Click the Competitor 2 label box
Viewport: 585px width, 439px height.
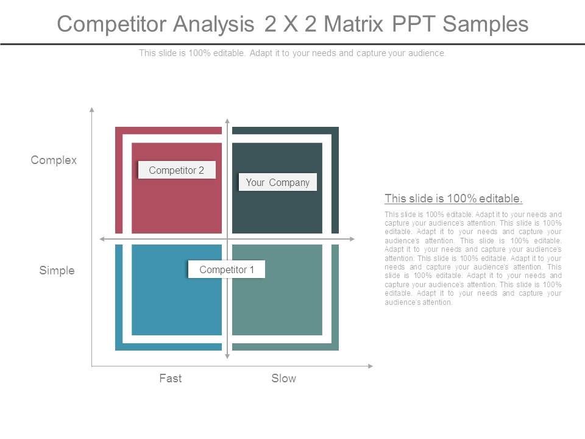pyautogui.click(x=177, y=170)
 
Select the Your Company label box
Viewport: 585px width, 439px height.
pyautogui.click(x=278, y=182)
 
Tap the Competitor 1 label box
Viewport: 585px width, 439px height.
pyautogui.click(x=227, y=269)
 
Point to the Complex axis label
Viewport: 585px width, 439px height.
pyautogui.click(x=54, y=160)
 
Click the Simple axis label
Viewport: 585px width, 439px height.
pyautogui.click(x=57, y=270)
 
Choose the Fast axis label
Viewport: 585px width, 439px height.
pyautogui.click(x=171, y=378)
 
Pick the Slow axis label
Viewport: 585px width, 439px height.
pyautogui.click(x=283, y=378)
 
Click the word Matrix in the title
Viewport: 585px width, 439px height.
pyautogui.click(x=353, y=24)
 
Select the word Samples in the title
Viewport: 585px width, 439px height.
pyautogui.click(x=486, y=24)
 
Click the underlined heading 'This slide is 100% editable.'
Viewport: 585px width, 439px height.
pyautogui.click(x=453, y=198)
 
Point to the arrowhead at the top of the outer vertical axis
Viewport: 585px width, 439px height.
pyautogui.click(x=92, y=110)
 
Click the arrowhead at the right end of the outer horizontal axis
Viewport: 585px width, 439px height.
pyautogui.click(x=370, y=366)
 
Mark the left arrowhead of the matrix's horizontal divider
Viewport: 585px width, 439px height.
pyautogui.click(x=102, y=239)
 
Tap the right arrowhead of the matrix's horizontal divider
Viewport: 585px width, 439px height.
pyautogui.click(x=352, y=239)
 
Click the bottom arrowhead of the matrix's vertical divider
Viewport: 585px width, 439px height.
pyautogui.click(x=227, y=357)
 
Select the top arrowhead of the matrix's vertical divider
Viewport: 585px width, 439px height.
pyautogui.click(x=227, y=121)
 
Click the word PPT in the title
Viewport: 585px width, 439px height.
pyautogui.click(x=413, y=24)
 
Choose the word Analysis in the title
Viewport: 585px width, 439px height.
pyautogui.click(x=214, y=24)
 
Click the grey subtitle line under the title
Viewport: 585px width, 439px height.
pyautogui.click(x=292, y=53)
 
